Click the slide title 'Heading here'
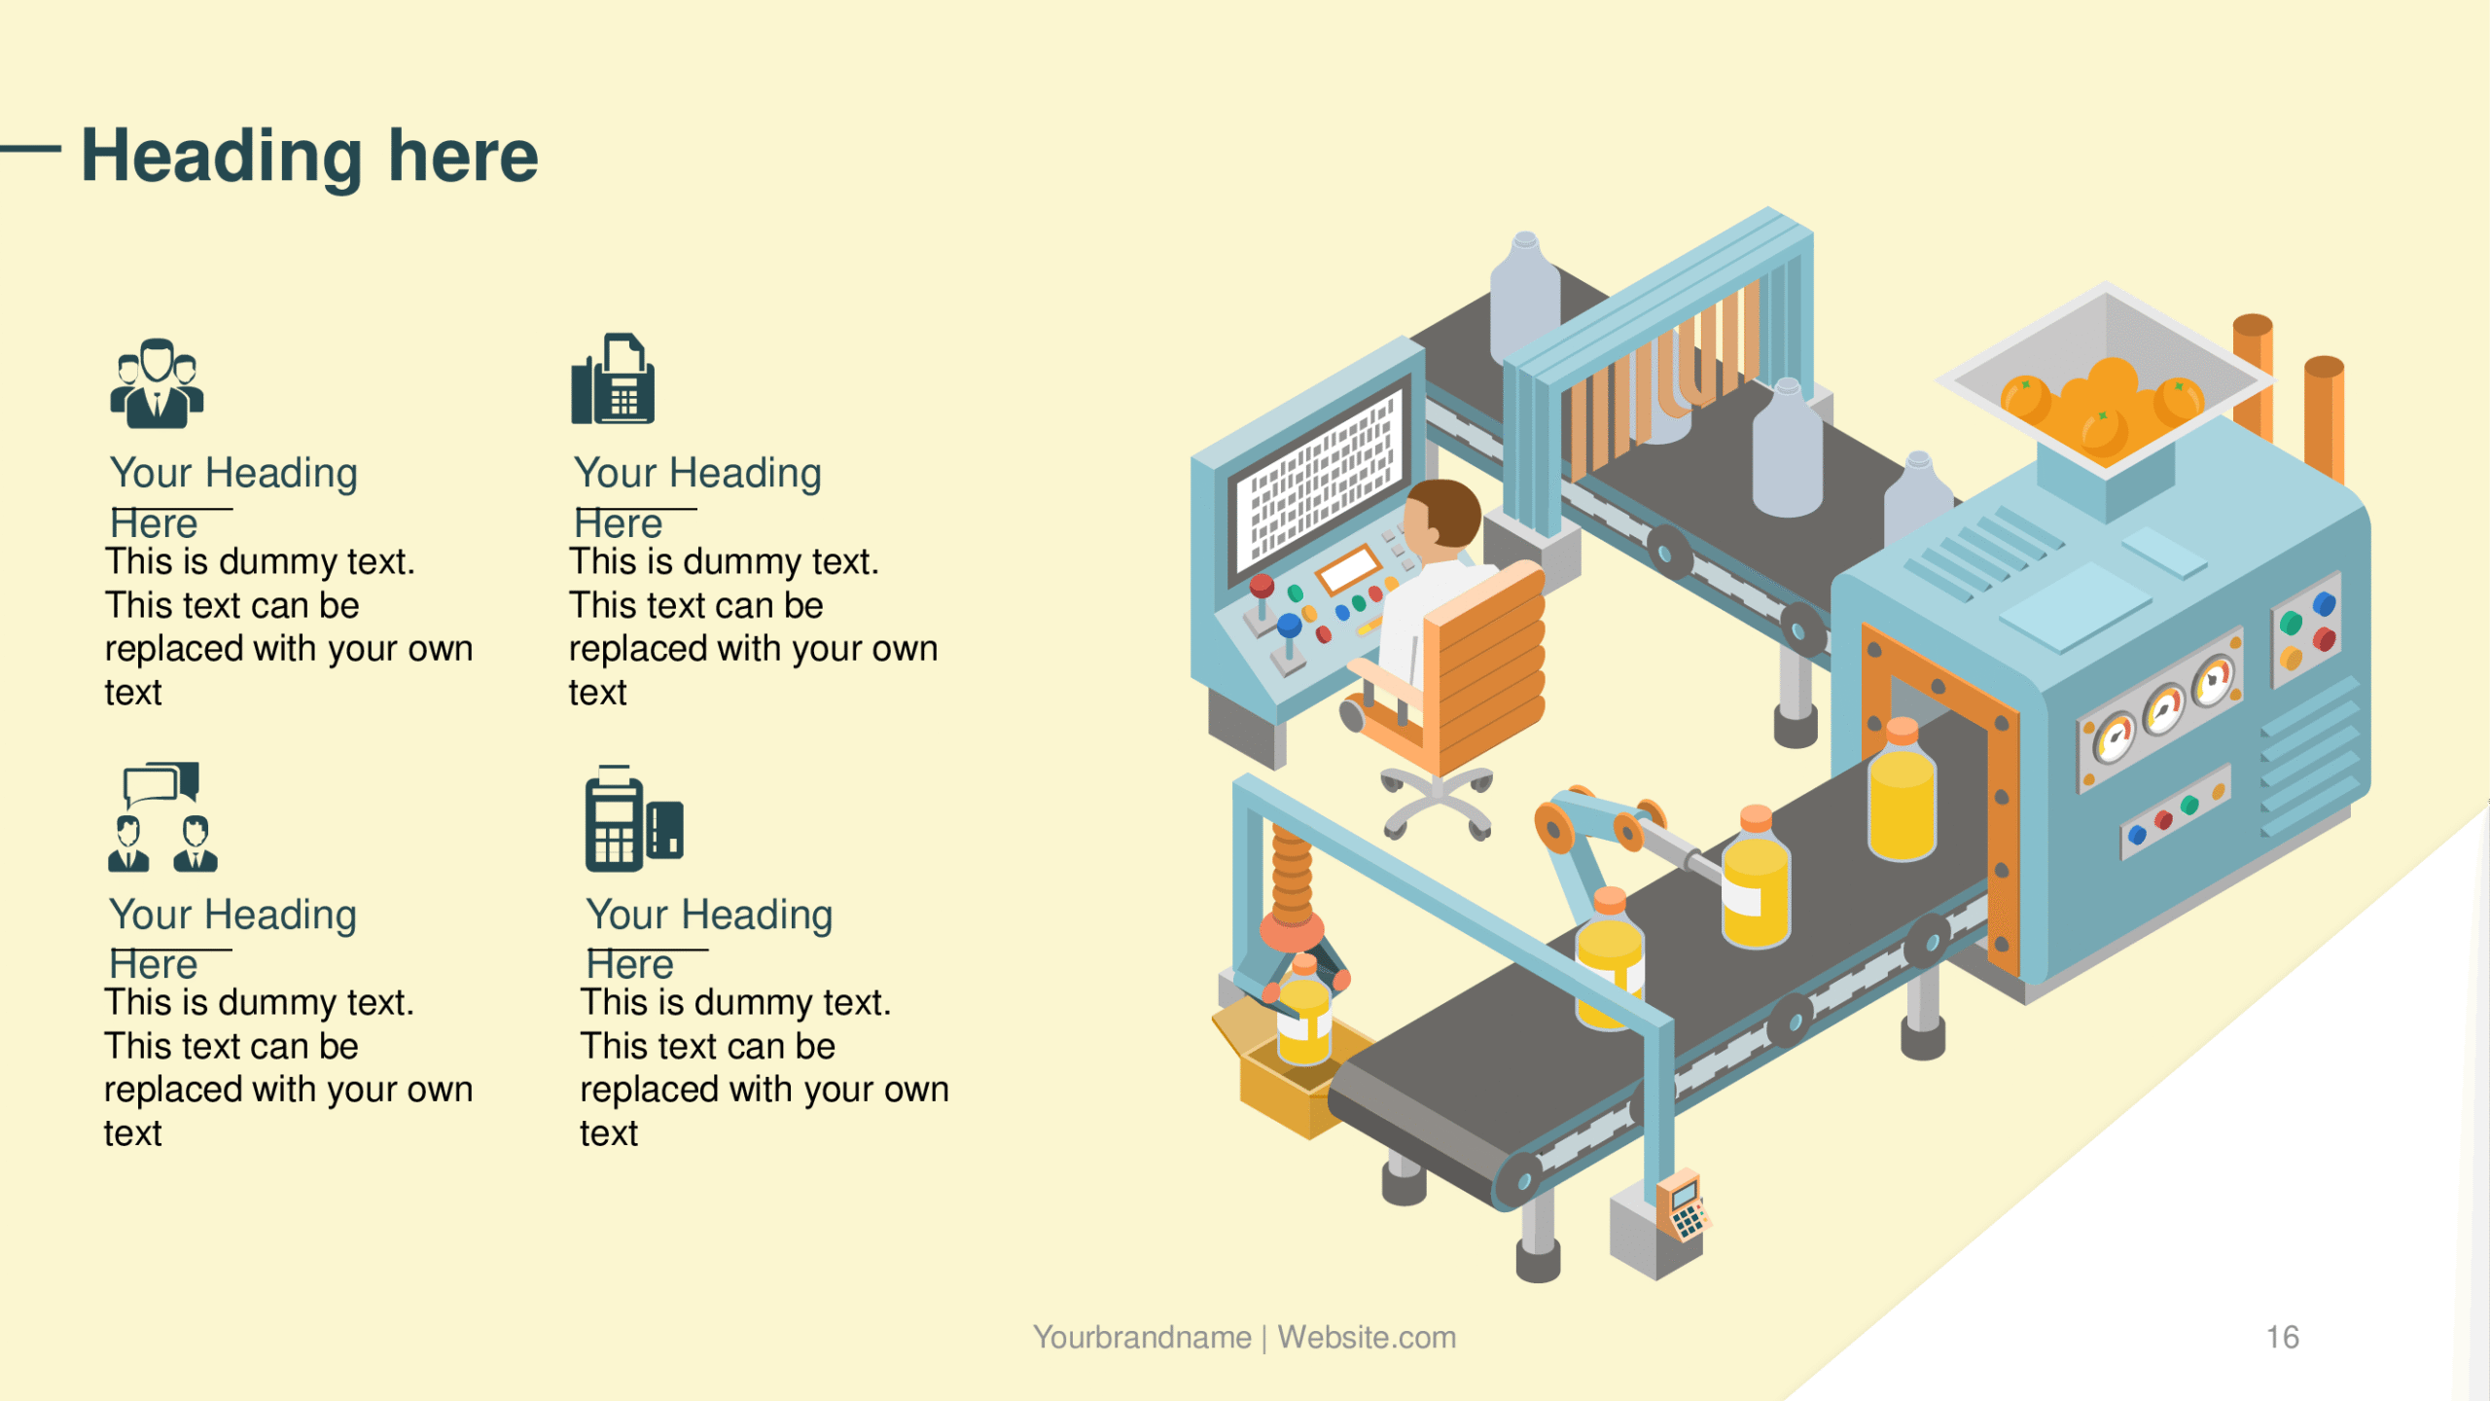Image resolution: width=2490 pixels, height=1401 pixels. click(x=309, y=156)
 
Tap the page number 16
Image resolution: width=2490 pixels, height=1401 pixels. click(x=2282, y=1337)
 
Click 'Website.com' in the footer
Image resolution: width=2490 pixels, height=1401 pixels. click(x=1367, y=1337)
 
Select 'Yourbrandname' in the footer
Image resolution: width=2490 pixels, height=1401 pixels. click(x=1142, y=1337)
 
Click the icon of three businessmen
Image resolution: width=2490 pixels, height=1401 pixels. click(x=157, y=383)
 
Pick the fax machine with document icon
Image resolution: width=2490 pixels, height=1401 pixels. click(x=613, y=378)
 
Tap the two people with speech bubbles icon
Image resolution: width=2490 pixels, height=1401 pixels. click(x=162, y=816)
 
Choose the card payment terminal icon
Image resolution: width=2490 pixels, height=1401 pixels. click(x=634, y=818)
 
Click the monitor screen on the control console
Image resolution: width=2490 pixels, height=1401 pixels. click(x=1320, y=481)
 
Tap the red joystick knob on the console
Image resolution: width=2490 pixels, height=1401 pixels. click(x=1262, y=586)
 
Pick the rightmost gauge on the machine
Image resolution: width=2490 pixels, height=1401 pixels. click(x=2214, y=681)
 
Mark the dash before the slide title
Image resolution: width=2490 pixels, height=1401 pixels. click(x=30, y=149)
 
